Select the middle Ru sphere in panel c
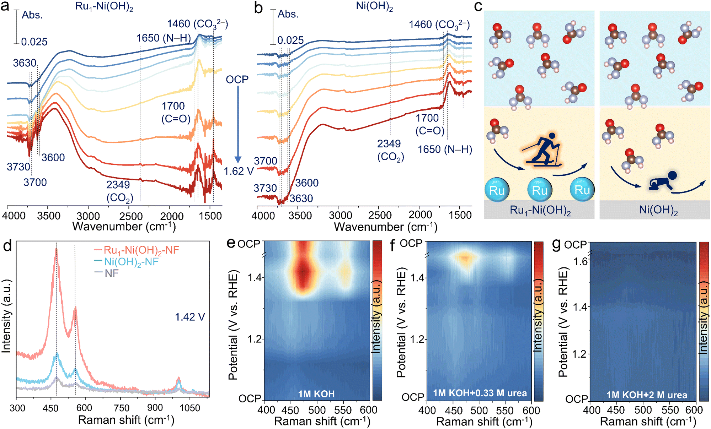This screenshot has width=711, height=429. coord(539,190)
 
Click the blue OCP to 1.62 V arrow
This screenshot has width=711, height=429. coord(238,124)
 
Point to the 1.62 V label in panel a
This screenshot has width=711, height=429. coord(239,171)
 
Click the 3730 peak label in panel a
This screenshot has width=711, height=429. coord(18,167)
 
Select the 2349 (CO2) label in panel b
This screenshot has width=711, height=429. coord(390,150)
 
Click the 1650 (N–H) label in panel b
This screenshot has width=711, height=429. coord(445,150)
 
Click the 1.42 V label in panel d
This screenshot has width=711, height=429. coord(190,317)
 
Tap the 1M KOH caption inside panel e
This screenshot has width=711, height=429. coord(316,393)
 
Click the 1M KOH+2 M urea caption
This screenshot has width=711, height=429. coord(646,395)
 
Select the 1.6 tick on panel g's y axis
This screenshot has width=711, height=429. coord(580,261)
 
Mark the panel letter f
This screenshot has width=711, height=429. coord(393,245)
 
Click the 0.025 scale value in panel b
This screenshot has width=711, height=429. coord(290,40)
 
